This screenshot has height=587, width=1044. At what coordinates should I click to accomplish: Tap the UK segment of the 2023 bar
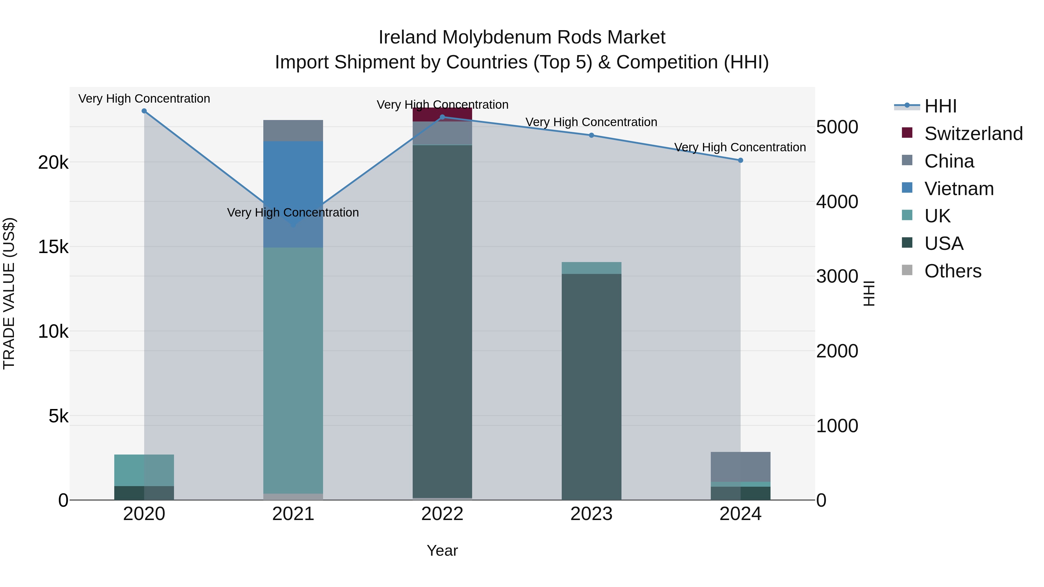coord(591,268)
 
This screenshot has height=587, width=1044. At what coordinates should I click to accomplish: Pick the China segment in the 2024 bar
coord(740,467)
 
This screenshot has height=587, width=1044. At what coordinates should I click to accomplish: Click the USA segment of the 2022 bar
coord(442,320)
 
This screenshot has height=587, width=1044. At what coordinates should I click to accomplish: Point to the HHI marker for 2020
coord(144,111)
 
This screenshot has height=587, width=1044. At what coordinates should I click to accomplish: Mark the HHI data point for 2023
coord(591,135)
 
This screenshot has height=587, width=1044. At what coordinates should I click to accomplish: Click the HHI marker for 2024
coord(740,160)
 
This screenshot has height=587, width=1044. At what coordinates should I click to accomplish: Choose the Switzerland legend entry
coord(973,134)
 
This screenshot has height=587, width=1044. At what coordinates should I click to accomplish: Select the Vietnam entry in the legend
coord(958,189)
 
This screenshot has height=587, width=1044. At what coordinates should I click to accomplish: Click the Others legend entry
coord(952,271)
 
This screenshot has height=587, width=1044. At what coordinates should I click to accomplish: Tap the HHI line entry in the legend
coord(940,106)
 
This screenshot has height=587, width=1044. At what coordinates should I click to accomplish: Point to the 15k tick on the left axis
coord(53,247)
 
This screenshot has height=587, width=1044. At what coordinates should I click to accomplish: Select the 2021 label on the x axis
coord(293,514)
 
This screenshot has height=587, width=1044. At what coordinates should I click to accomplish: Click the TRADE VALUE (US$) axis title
coord(9,293)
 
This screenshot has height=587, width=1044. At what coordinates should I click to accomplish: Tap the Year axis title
coord(442,550)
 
